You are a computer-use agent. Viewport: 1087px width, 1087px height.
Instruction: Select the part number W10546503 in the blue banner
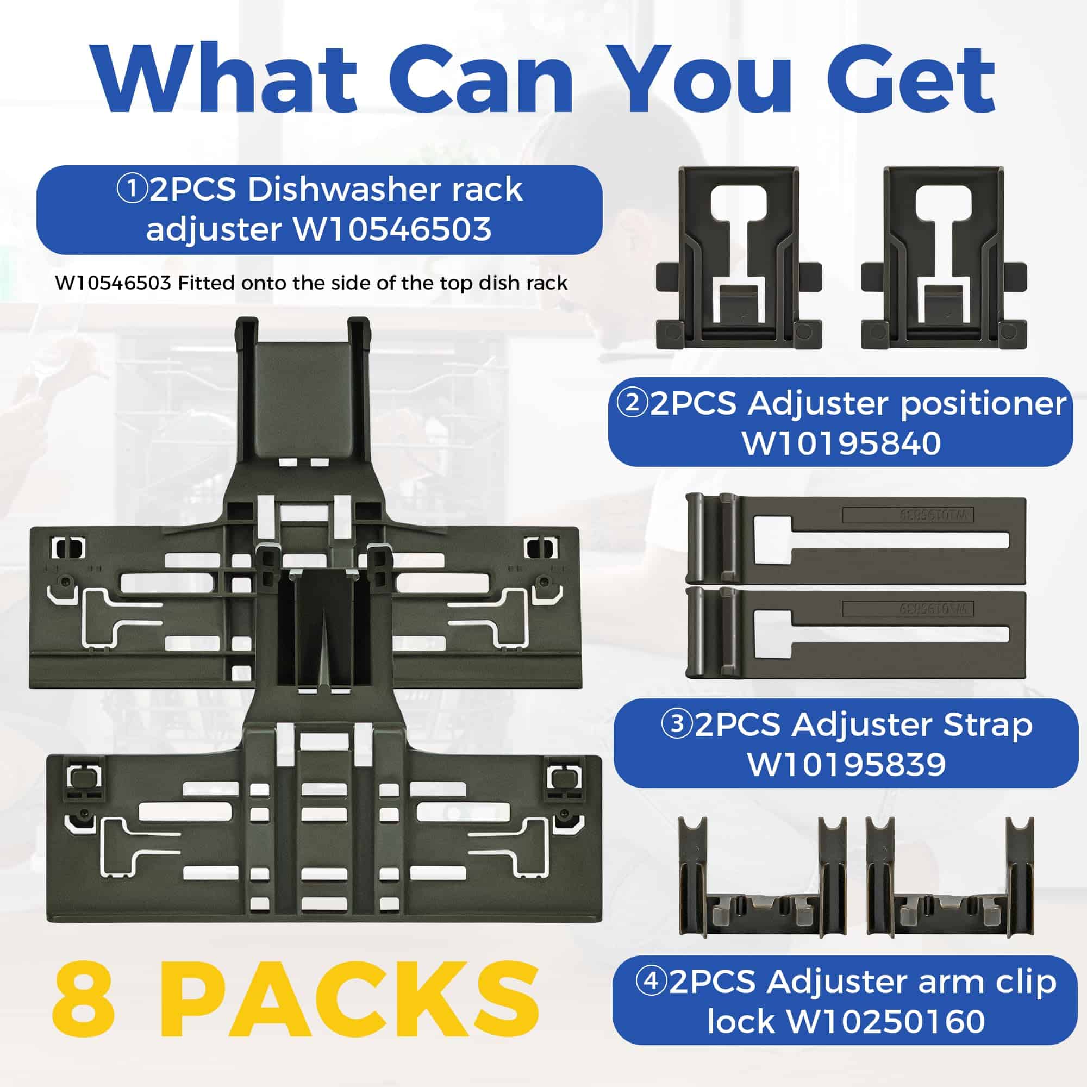pyautogui.click(x=392, y=229)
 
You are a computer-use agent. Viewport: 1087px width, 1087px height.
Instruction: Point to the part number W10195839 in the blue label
pyautogui.click(x=847, y=765)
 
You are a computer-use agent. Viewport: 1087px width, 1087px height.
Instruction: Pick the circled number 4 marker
pyautogui.click(x=652, y=982)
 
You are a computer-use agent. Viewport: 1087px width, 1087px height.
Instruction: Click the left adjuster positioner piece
pyautogui.click(x=739, y=257)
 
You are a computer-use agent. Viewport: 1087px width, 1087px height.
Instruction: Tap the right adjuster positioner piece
pyautogui.click(x=944, y=257)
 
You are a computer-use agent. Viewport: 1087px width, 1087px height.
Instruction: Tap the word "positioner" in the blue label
pyautogui.click(x=984, y=405)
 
